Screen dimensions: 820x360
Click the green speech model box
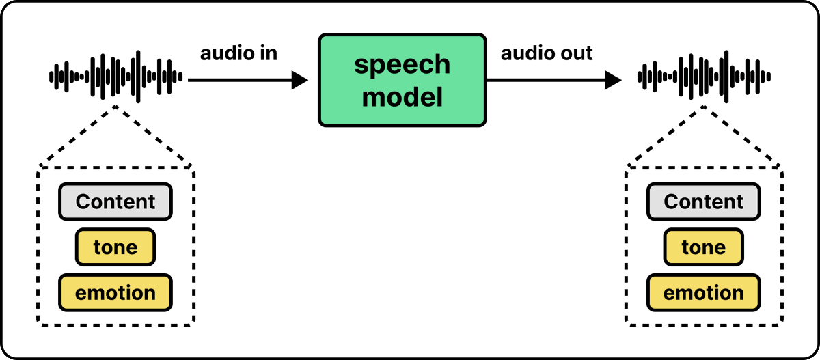402,80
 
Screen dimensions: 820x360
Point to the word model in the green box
402,96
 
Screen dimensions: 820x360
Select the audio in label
238,53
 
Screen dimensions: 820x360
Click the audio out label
547,53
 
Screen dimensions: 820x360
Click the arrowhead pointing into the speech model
300,80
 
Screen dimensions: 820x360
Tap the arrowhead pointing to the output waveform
613,80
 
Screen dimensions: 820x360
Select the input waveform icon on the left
115,77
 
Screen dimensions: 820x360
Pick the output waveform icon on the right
704,77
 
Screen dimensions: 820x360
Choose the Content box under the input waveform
115,202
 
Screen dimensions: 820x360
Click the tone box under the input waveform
115,247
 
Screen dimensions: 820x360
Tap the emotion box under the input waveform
115,292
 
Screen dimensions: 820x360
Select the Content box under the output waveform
704,202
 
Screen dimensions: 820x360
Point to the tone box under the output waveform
704,247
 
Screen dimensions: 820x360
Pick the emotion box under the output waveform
704,292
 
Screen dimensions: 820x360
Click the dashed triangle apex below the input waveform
115,107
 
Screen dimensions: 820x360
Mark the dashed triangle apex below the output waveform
704,107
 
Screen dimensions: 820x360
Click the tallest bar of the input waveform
138,77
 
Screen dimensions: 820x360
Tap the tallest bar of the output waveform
726,77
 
